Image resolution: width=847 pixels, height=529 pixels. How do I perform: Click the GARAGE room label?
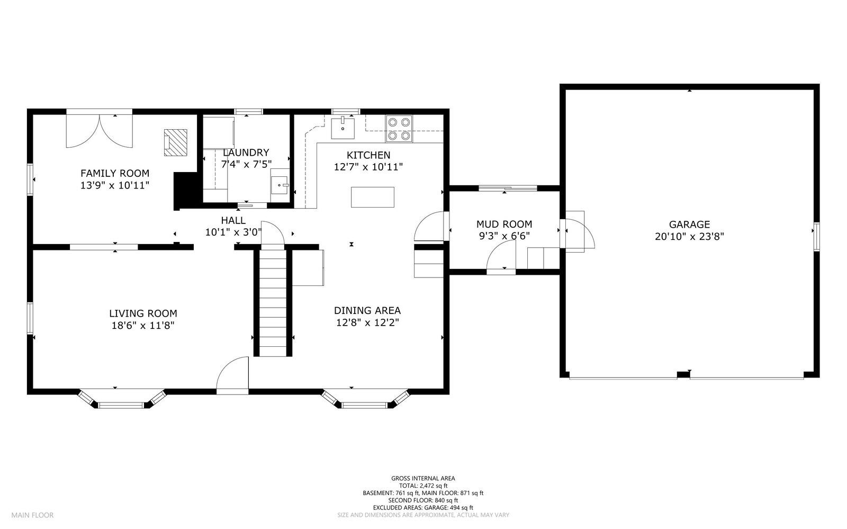[689, 225]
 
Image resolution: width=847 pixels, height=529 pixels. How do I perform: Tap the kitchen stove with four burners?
[399, 129]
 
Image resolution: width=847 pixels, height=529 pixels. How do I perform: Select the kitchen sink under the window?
[343, 129]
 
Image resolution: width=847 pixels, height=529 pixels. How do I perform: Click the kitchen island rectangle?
[373, 197]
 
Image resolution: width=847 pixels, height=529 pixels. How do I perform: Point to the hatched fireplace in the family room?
[175, 142]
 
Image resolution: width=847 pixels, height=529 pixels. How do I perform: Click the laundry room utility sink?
[280, 185]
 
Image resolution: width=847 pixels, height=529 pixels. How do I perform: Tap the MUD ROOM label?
[504, 224]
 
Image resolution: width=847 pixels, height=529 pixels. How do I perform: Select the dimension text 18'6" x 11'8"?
[143, 326]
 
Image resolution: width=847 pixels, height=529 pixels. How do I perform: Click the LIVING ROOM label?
[143, 313]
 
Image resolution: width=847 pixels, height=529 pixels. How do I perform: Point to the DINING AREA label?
[367, 310]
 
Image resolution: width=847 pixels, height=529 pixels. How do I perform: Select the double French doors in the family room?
[100, 131]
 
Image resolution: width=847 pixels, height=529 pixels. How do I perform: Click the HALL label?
[233, 220]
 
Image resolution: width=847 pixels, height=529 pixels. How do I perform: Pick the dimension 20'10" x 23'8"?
[689, 237]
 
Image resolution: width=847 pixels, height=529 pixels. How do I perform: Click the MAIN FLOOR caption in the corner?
[32, 515]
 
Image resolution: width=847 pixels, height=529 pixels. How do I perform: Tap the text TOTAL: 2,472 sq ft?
[423, 486]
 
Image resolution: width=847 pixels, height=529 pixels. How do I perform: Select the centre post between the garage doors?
[683, 375]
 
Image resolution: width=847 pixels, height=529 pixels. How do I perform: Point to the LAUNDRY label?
[246, 153]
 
